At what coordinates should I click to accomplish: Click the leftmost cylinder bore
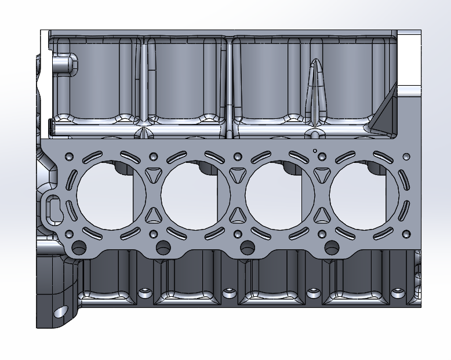pos(110,194)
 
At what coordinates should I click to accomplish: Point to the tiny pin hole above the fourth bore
pos(315,151)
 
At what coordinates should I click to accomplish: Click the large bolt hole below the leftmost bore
pos(79,247)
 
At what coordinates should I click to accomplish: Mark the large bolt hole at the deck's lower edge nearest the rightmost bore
pos(332,247)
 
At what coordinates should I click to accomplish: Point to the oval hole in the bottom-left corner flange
pos(60,312)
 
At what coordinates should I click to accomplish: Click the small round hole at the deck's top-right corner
pos(405,156)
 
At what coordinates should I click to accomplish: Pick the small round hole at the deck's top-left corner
pos(69,157)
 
